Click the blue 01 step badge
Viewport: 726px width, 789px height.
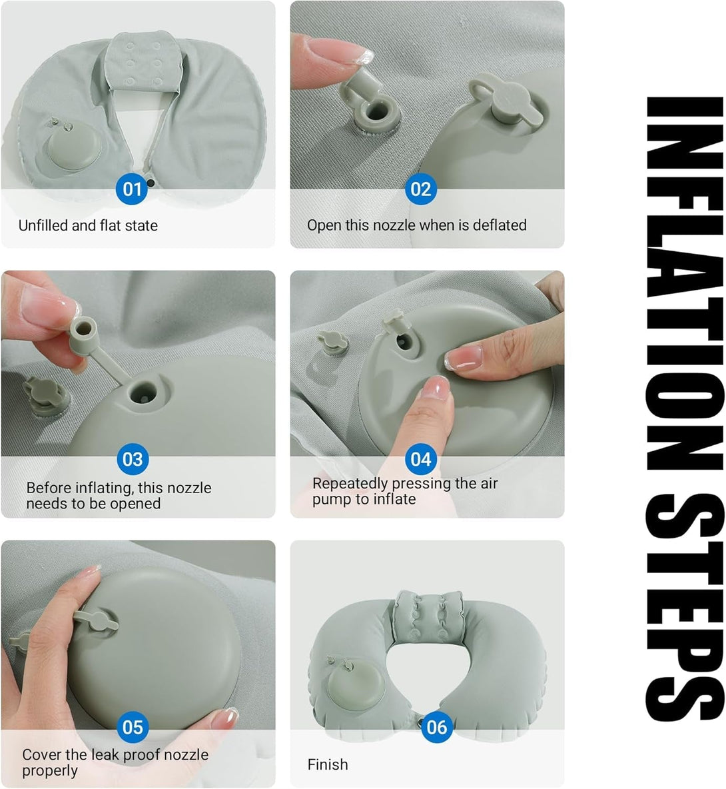132,189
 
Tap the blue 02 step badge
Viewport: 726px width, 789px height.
420,189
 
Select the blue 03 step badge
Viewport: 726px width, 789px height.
132,459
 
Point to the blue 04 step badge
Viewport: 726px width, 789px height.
420,459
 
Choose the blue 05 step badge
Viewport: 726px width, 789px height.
132,726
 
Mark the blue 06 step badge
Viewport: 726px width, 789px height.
436,726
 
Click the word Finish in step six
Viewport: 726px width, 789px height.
328,764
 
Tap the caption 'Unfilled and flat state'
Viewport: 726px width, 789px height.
88,225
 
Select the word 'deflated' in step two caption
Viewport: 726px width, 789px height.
500,225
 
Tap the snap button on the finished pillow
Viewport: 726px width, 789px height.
420,718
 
